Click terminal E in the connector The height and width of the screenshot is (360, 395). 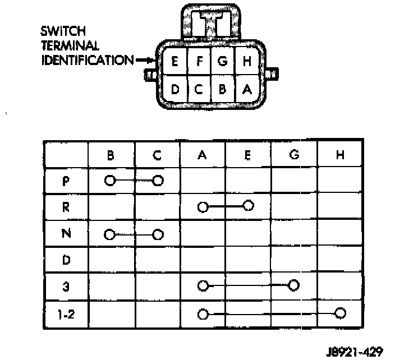coord(174,62)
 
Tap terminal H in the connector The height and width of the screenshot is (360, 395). coord(247,62)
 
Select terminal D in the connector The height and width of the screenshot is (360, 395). coord(174,89)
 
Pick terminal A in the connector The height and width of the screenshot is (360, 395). coord(247,89)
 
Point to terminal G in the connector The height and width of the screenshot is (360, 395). coord(223,62)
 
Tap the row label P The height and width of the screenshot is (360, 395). coord(66,181)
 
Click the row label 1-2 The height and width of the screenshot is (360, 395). coord(66,313)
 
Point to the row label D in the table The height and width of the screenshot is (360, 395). coord(66,260)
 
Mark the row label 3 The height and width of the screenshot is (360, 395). coord(66,286)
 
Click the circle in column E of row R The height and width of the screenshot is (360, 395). coord(249,206)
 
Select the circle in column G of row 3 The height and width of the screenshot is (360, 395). coord(293,286)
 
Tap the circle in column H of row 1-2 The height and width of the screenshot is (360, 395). coord(339,313)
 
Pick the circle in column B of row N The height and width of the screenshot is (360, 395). coord(110,233)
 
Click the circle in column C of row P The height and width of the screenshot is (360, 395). coord(158,181)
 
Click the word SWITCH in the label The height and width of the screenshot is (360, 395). coord(63,31)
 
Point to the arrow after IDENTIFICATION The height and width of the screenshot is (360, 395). coord(144,60)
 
